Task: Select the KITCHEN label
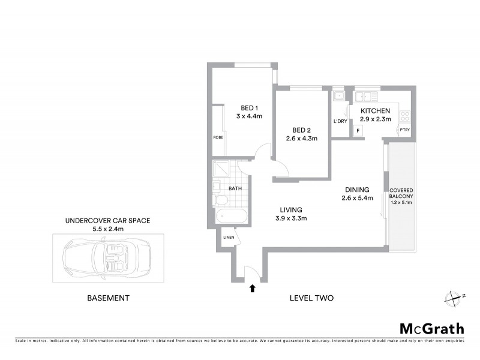pos(376,111)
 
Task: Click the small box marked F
pos(358,130)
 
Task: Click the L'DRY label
pos(340,122)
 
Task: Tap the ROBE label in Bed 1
pos(218,137)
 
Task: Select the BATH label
pos(235,188)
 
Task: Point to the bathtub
pos(229,216)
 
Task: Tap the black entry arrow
pos(253,289)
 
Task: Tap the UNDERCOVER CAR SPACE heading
pos(108,221)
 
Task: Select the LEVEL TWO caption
pos(311,298)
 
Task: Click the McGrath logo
pos(432,328)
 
